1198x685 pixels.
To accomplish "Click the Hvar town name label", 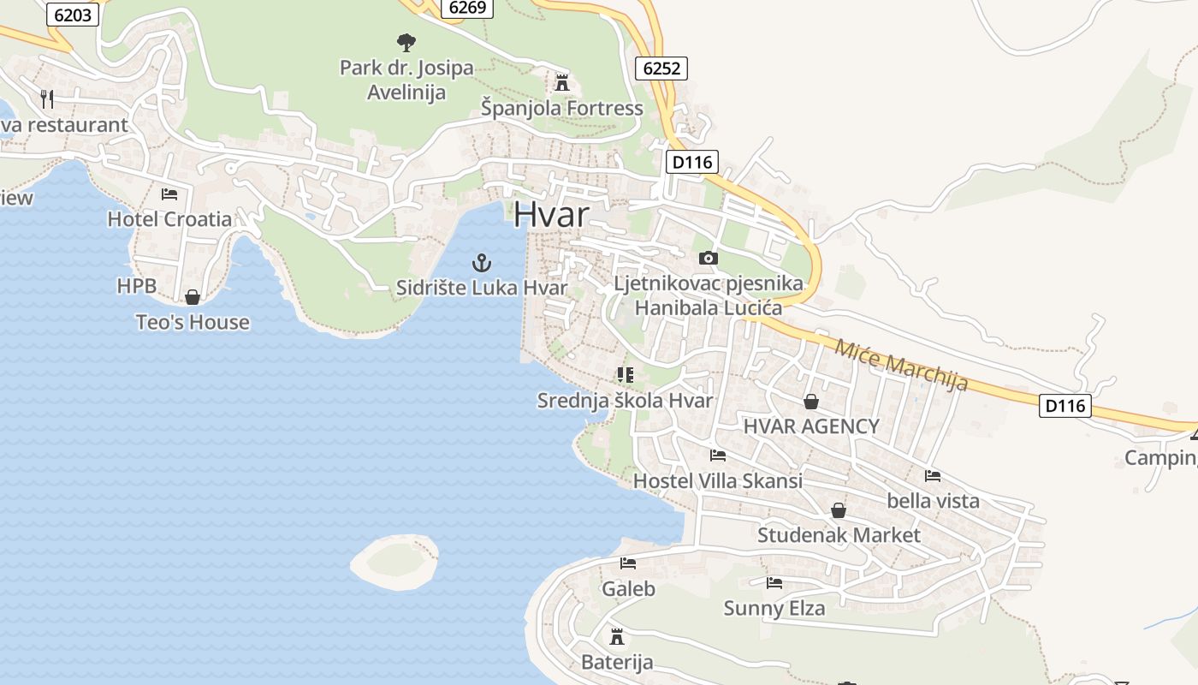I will [552, 214].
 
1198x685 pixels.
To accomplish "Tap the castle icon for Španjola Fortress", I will [562, 83].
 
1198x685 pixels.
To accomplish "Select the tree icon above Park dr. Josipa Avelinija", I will [406, 42].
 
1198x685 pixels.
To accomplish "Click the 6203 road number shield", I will [72, 15].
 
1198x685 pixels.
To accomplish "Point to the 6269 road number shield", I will [467, 8].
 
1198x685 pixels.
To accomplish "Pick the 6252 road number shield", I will [661, 68].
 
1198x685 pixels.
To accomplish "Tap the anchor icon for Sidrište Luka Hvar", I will [482, 263].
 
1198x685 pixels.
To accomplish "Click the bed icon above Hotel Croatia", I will [169, 194].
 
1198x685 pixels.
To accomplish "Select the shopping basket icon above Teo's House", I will [193, 297].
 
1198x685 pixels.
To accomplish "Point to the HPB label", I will [137, 286].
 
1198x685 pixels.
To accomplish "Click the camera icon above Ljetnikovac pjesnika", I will [708, 258].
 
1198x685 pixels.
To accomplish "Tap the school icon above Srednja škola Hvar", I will [625, 375].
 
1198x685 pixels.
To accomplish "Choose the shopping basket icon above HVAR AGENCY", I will [810, 401].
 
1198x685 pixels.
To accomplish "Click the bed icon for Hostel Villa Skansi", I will [717, 456].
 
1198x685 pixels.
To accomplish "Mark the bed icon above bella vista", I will [933, 475].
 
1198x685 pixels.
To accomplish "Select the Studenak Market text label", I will [839, 536].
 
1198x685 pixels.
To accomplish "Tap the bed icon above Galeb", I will [628, 563].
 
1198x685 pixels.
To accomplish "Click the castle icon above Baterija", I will [616, 637].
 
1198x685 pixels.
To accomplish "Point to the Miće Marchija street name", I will [901, 365].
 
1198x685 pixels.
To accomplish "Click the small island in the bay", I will [394, 562].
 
